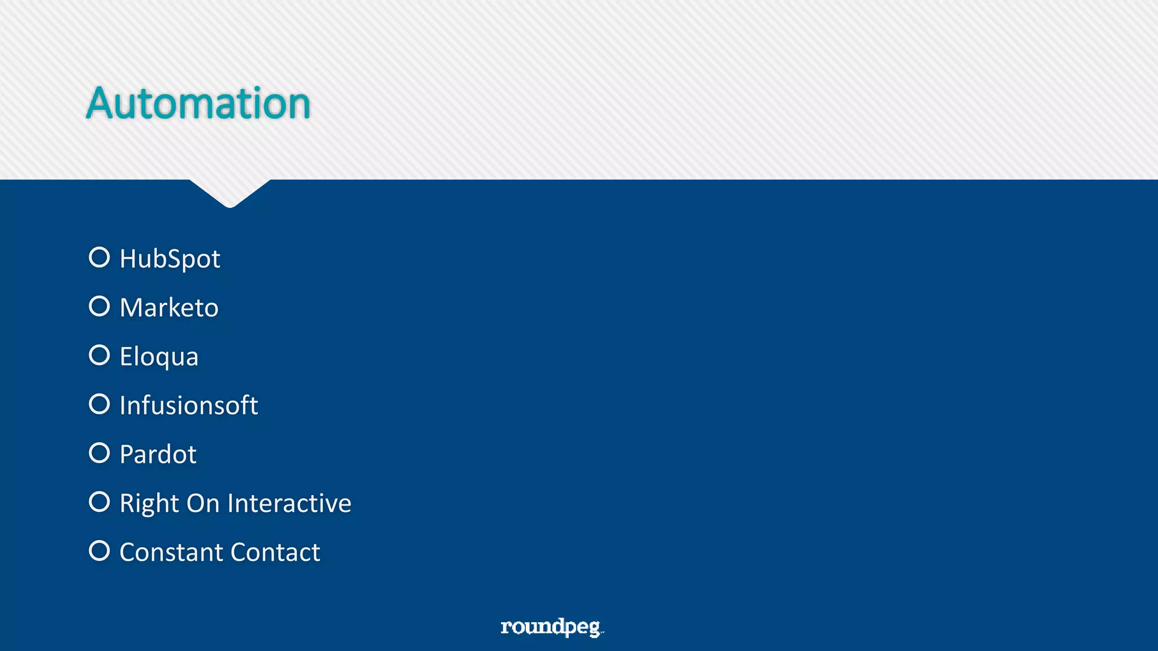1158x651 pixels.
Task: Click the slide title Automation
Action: click(x=198, y=103)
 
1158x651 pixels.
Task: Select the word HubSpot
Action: click(x=170, y=259)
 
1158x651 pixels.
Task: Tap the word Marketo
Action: click(x=169, y=308)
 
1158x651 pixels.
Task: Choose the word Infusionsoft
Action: click(x=189, y=406)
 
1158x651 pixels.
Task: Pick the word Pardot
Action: click(x=158, y=454)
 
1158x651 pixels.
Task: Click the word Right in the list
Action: click(x=149, y=504)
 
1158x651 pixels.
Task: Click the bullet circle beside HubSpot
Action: click(x=100, y=257)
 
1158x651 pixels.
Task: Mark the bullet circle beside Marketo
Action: click(x=100, y=306)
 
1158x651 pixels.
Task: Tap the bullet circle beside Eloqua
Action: click(x=100, y=355)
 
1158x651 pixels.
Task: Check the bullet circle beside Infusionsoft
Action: click(x=100, y=404)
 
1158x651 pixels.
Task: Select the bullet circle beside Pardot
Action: click(x=100, y=453)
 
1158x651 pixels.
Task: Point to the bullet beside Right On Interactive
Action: click(x=100, y=502)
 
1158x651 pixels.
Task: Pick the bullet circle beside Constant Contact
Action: click(x=100, y=550)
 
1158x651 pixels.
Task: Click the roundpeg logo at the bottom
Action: click(x=552, y=627)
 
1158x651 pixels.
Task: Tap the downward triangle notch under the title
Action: click(x=230, y=192)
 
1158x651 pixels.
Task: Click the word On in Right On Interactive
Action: click(x=203, y=504)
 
